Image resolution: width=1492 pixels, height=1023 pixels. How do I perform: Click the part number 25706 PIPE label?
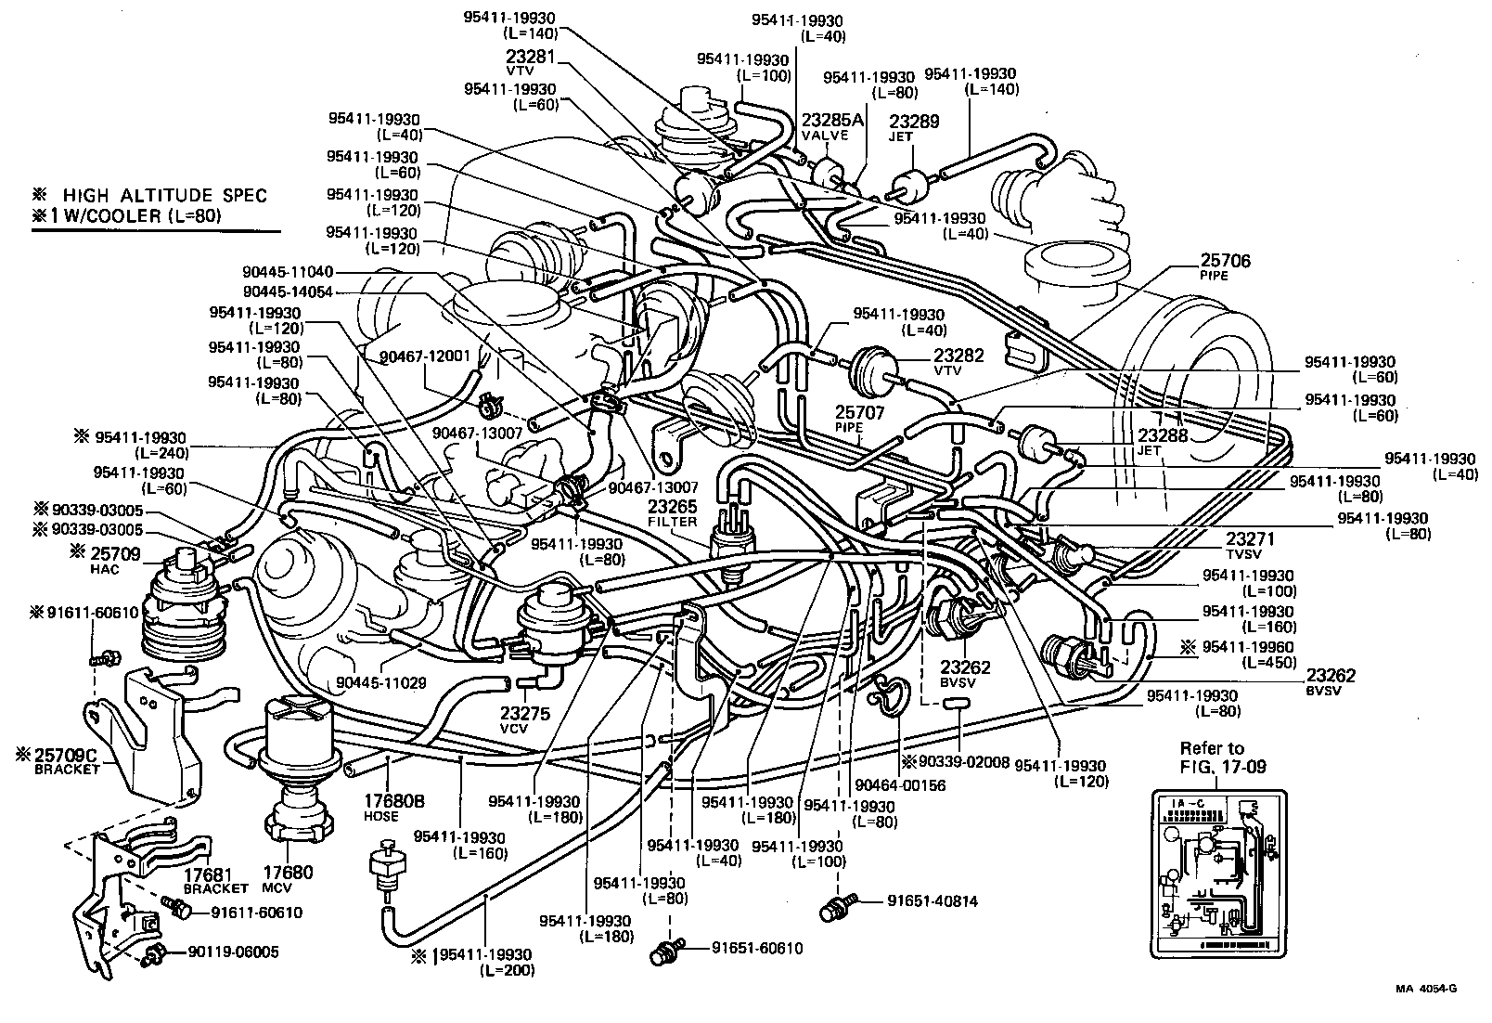click(x=1225, y=267)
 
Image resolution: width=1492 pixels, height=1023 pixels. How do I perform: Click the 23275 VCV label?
click(x=526, y=719)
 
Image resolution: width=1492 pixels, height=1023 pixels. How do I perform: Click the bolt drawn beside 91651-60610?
click(x=665, y=952)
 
